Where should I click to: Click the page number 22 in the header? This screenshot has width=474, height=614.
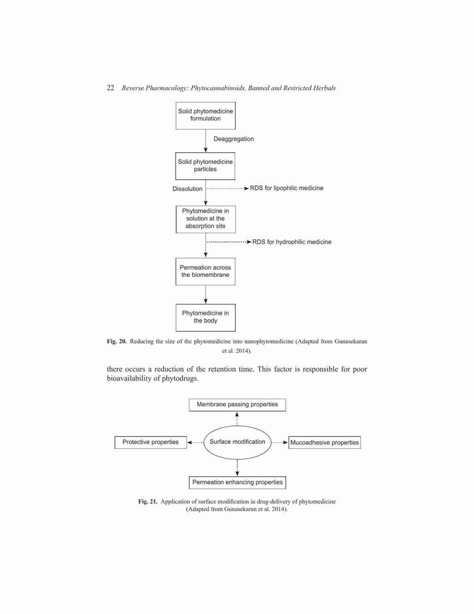pos(111,88)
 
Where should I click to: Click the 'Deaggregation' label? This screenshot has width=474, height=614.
pos(233,139)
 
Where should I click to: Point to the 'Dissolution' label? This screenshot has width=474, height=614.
pos(187,188)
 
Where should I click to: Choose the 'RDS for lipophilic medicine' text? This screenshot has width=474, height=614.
pos(287,188)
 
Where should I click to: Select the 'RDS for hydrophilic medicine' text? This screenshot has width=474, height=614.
pos(292,242)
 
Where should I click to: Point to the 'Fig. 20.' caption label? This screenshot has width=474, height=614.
pos(117,341)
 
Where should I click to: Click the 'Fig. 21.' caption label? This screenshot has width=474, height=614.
pos(148,502)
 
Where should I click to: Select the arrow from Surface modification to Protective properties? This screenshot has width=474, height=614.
pos(195,443)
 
